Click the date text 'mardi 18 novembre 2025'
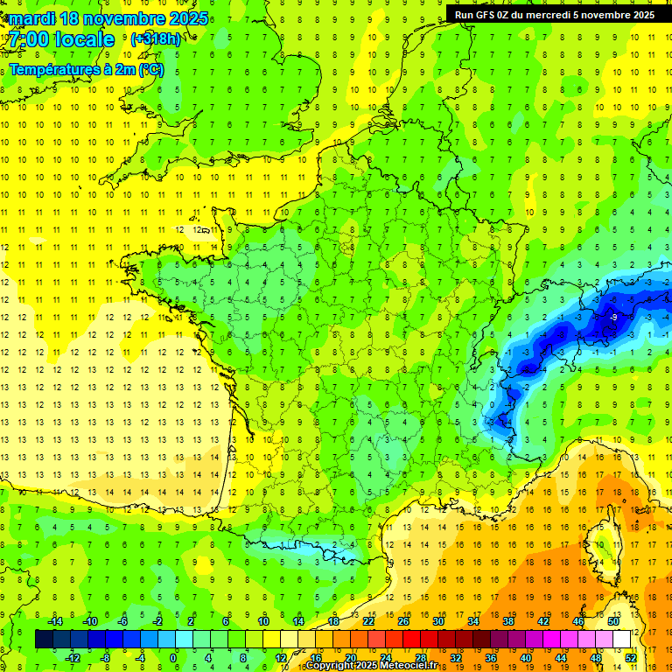point(109,18)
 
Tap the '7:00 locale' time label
point(62,39)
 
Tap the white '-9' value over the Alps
point(614,317)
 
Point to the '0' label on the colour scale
point(173,658)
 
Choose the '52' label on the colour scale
point(631,658)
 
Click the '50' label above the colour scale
point(613,621)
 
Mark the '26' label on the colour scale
point(403,621)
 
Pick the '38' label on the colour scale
point(508,621)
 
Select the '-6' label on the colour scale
point(123,621)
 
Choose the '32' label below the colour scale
point(456,658)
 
